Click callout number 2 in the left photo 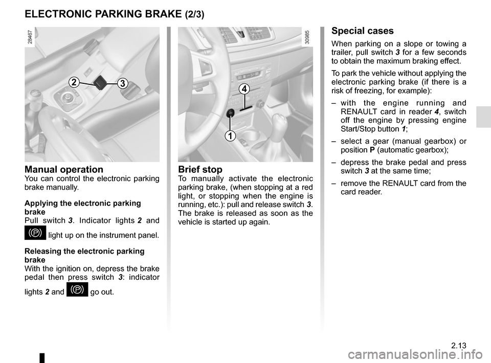point(74,82)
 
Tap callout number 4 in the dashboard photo point(245,88)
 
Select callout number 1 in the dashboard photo point(230,135)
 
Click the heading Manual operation point(64,169)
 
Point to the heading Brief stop point(200,170)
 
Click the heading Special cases point(363,31)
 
